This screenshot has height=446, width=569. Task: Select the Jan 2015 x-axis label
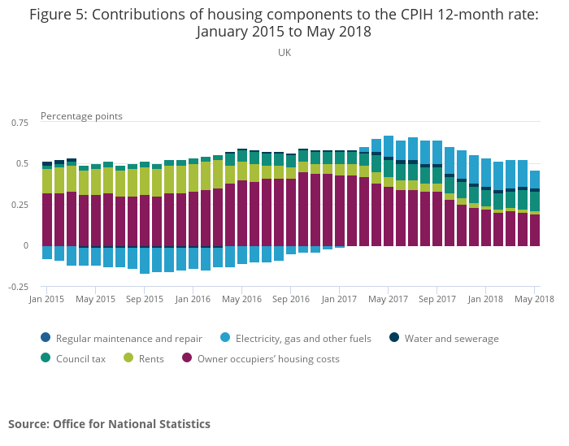(x=47, y=299)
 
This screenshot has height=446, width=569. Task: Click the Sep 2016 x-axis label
(x=290, y=299)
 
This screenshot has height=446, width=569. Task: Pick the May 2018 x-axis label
(x=534, y=299)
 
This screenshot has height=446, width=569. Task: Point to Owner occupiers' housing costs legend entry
(x=261, y=358)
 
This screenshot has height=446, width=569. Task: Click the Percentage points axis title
(x=81, y=116)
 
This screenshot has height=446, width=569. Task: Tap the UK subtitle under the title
(x=284, y=52)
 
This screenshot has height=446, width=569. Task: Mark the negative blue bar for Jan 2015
(x=47, y=253)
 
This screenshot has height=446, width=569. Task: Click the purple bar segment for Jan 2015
(x=47, y=219)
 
